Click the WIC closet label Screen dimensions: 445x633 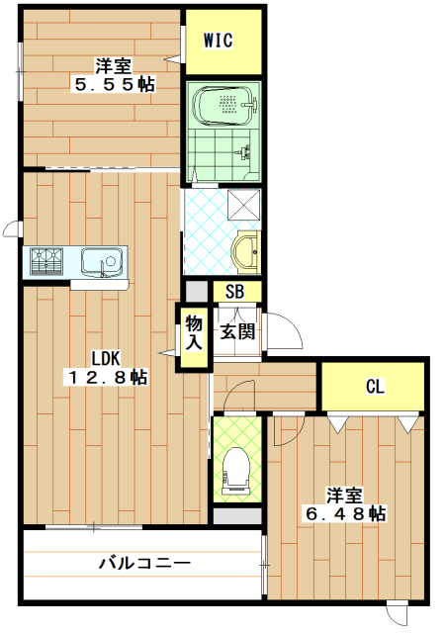219,41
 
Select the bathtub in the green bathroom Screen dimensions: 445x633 224,106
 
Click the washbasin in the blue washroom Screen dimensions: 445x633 244,252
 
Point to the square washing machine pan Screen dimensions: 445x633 244,205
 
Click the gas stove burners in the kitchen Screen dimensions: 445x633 46,261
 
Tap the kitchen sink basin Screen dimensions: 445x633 102,261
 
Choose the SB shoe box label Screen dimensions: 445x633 235,291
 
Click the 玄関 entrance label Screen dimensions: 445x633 237,332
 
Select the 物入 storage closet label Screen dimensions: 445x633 194,332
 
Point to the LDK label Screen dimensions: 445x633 106,358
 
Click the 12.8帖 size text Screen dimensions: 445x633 107,377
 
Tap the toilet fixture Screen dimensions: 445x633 237,471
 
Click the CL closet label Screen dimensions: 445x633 375,387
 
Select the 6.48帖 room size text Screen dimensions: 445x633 346,513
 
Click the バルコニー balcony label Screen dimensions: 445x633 144,563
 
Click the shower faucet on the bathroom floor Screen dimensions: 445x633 242,151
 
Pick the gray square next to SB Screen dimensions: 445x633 196,291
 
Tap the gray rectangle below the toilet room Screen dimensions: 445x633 237,516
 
